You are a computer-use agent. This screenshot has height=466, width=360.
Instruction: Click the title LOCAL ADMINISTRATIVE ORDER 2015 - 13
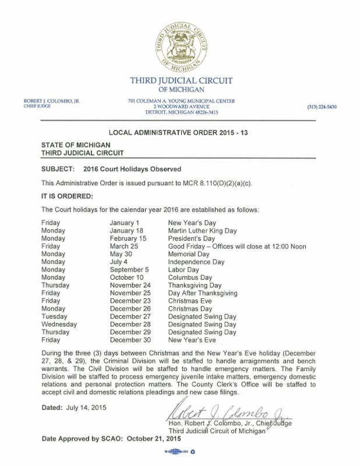coord(179,133)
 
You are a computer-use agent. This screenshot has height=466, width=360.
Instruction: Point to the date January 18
coord(126,230)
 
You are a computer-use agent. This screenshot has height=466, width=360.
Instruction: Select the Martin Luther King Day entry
coord(202,230)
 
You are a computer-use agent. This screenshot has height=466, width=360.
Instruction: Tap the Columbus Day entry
coord(191,277)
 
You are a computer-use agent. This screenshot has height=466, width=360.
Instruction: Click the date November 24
coord(132,285)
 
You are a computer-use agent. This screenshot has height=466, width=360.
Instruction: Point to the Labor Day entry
coord(183,270)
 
